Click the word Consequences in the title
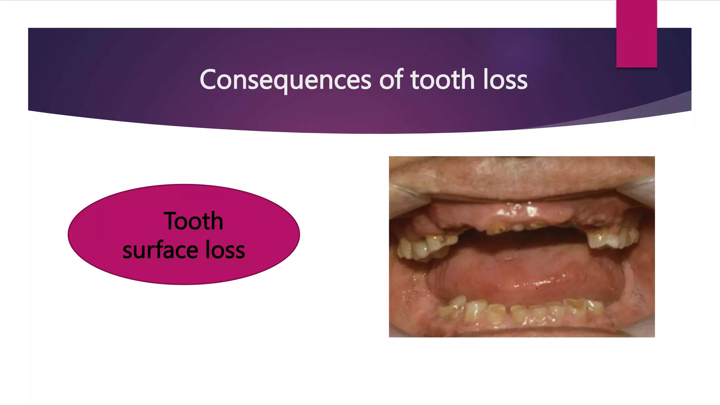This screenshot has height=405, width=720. point(285,80)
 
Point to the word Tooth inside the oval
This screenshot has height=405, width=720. point(193,221)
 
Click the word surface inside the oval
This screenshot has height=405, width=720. point(160,250)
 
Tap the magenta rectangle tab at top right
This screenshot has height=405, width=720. point(636,34)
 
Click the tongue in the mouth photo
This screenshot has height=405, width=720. point(524,274)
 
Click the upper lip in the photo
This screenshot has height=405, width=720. point(520,176)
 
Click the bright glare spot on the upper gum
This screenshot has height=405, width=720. point(532,211)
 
